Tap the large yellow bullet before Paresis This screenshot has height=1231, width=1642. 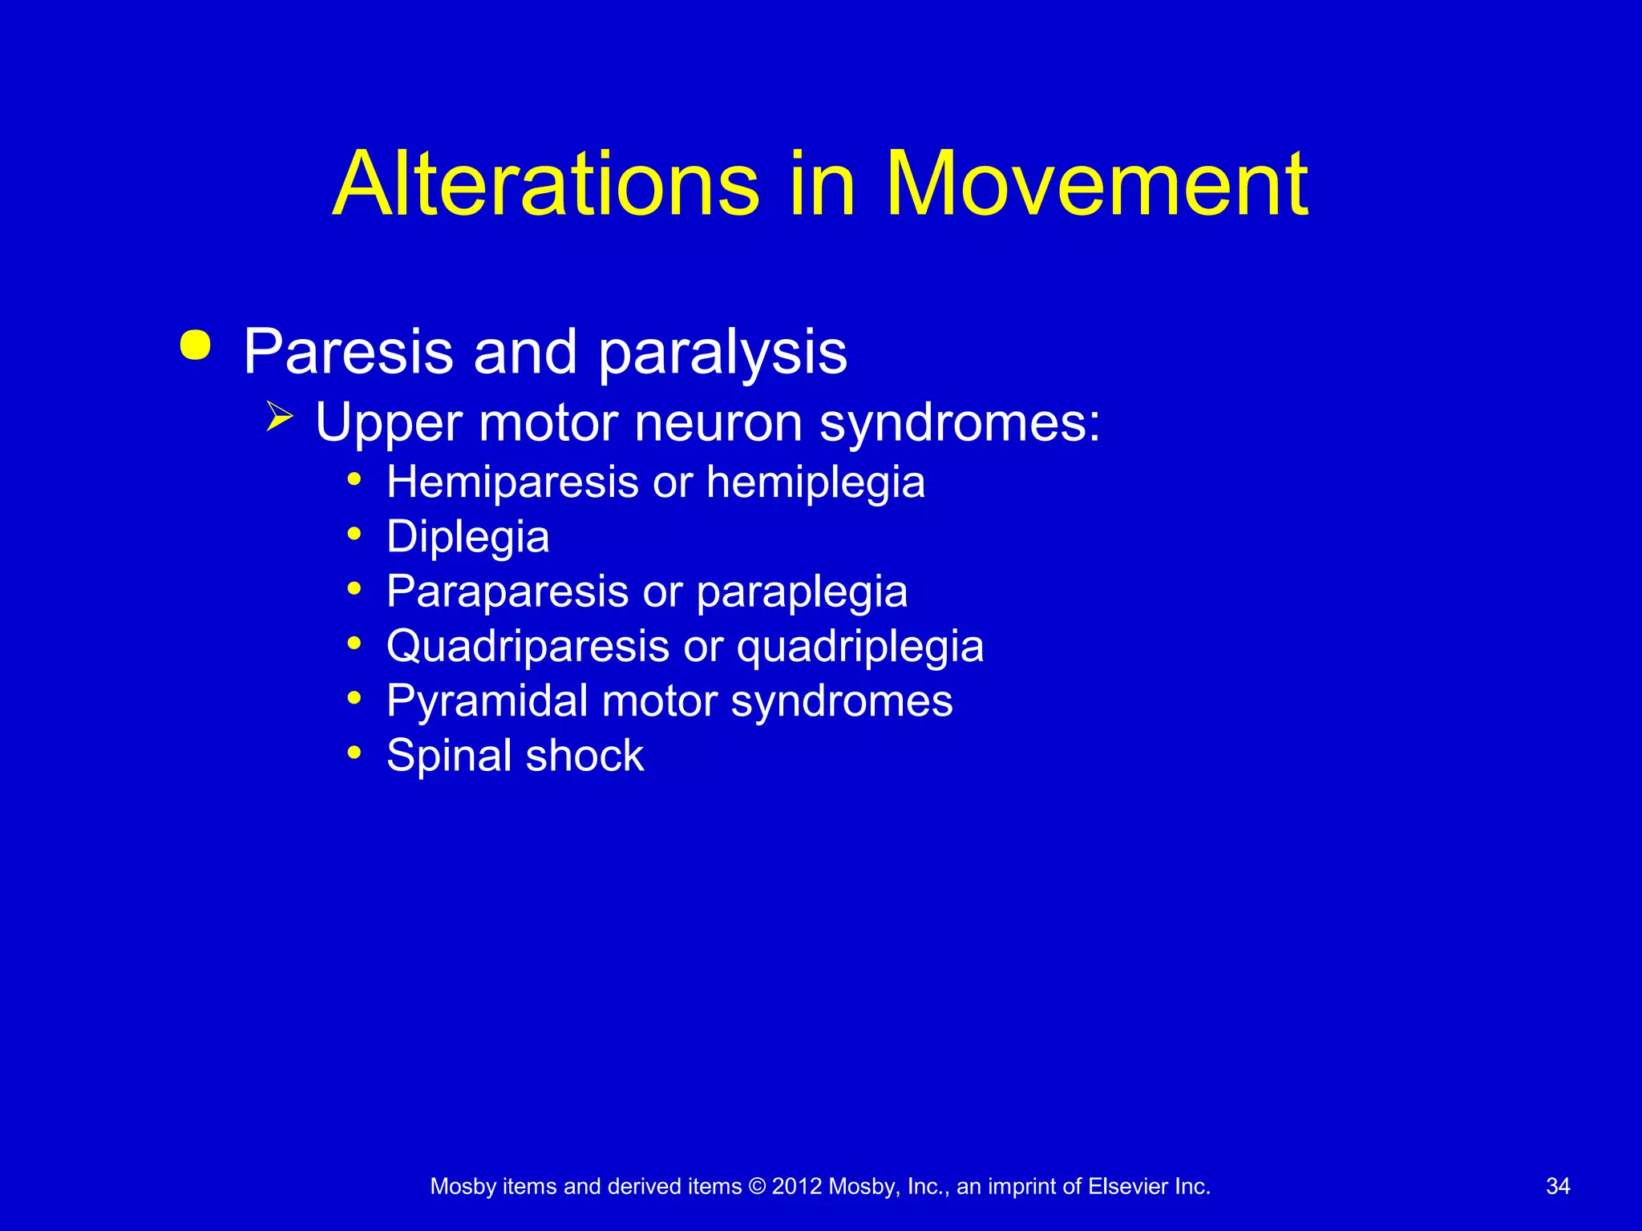click(x=196, y=346)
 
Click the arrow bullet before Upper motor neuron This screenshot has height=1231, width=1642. click(x=279, y=417)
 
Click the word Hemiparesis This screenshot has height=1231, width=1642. click(x=512, y=482)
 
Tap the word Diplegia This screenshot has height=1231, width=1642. click(x=467, y=537)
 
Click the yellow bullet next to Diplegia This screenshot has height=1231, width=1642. click(x=354, y=534)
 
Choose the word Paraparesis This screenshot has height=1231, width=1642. click(x=508, y=591)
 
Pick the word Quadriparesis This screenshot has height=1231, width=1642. click(x=528, y=646)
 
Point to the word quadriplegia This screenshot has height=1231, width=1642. click(x=859, y=648)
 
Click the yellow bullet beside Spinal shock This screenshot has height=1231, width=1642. click(x=354, y=753)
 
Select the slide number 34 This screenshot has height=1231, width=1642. click(x=1557, y=1186)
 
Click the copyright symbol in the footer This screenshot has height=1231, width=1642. click(x=757, y=1186)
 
